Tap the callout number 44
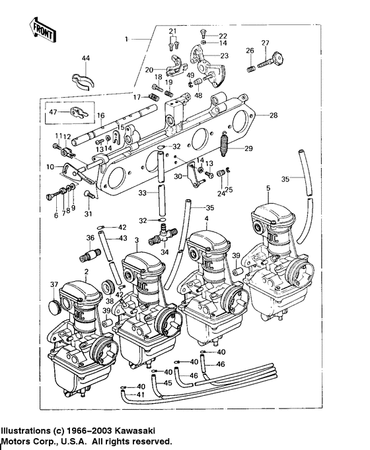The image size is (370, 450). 85,59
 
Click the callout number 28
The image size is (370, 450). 274,115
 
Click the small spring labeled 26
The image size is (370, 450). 251,68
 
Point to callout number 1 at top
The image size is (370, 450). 127,39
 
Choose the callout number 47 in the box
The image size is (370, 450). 53,112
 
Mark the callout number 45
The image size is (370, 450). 168,382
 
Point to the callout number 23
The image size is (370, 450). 225,55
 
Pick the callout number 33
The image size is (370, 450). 141,193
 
